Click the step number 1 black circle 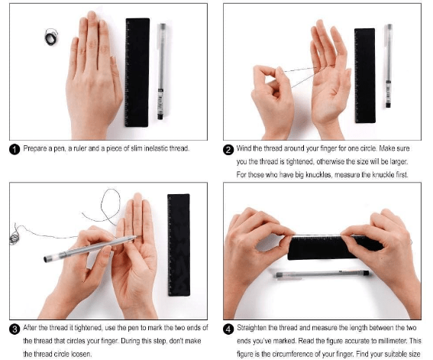point(15,150)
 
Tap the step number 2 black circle point(228,150)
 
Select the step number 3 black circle point(15,329)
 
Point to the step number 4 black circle point(228,329)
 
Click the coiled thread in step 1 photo point(51,37)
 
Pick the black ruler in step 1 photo point(137,73)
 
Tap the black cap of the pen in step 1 point(160,116)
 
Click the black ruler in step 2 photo point(365,76)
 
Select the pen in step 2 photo point(389,66)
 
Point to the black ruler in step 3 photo point(179,245)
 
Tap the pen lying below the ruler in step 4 point(322,274)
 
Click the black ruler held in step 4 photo point(334,248)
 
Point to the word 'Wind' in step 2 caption point(244,148)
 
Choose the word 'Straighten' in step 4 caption point(251,328)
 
